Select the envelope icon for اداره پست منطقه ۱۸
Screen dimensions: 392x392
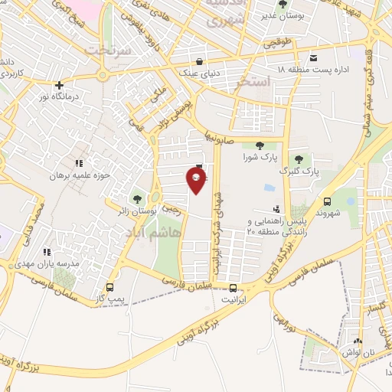[x=314, y=58]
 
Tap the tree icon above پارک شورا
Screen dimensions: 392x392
[x=259, y=145]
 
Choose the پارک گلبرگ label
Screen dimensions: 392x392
[x=299, y=171]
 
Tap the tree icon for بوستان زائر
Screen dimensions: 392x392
[x=138, y=200]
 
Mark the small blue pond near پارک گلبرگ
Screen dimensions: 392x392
[x=269, y=187]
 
